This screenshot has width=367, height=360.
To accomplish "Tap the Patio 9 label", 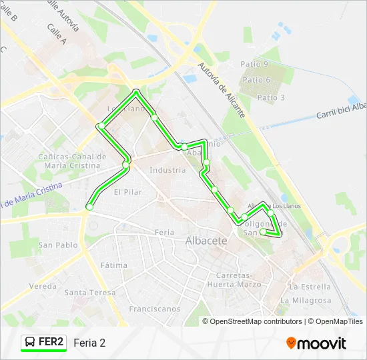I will (x=254, y=64).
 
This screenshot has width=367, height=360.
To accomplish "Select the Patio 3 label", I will (x=271, y=97).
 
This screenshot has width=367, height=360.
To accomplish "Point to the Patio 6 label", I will (x=256, y=80).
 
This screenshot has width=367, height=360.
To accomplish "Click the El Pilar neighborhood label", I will (x=127, y=192).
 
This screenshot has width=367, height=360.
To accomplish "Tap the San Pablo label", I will (x=58, y=245).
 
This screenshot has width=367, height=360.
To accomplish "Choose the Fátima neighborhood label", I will (x=113, y=265).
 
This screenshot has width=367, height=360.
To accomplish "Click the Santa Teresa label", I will (x=90, y=293).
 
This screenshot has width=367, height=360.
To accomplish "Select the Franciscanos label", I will (x=155, y=309).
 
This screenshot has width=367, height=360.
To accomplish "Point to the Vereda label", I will (x=43, y=286).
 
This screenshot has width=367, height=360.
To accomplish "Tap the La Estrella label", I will (x=310, y=287).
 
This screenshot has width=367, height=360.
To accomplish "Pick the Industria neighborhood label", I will (x=167, y=170).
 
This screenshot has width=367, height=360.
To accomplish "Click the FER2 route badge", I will (x=44, y=343).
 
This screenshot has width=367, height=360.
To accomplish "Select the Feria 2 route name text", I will (x=89, y=343).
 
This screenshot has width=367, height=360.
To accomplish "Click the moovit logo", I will (x=316, y=343).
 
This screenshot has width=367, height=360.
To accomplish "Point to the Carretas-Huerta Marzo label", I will (x=240, y=280).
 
